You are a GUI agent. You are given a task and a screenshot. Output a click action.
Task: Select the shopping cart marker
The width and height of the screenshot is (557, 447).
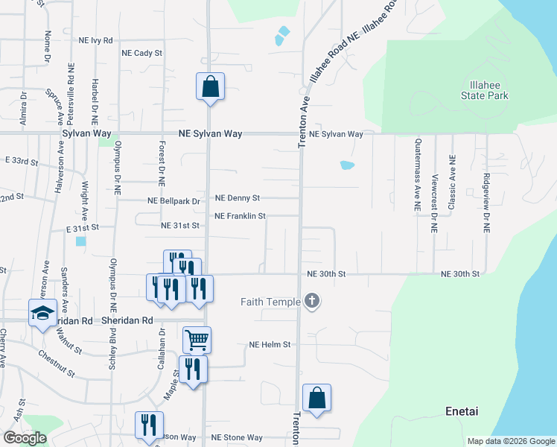pos(197,340)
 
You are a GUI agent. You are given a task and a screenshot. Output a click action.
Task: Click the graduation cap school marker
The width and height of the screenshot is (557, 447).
pos(42,312)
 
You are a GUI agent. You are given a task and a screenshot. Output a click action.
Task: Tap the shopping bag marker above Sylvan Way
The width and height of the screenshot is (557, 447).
pos(210,86)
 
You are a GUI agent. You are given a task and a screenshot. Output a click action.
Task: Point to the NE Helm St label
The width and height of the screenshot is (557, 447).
pos(269,345)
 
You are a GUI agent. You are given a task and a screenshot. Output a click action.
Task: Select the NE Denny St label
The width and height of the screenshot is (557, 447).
pos(237,198)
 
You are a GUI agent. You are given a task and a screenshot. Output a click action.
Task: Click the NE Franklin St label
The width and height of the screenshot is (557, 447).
pos(240,216)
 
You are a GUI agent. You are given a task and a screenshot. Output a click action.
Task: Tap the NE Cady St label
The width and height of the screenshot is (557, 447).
pos(141,53)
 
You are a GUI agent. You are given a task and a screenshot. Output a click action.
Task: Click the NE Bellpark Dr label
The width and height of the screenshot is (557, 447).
pos(174,201)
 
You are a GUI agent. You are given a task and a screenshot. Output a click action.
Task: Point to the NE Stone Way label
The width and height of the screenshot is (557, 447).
pos(237,437)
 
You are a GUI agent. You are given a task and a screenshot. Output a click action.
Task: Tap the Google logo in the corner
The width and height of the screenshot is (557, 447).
pos(24,437)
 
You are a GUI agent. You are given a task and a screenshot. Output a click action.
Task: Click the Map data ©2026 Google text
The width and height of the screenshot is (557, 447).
pos(511,441)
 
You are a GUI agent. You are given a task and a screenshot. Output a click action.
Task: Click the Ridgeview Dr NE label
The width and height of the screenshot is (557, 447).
pos(486,205)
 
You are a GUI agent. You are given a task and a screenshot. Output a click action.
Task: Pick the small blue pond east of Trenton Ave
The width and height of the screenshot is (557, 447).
pos(347,165)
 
